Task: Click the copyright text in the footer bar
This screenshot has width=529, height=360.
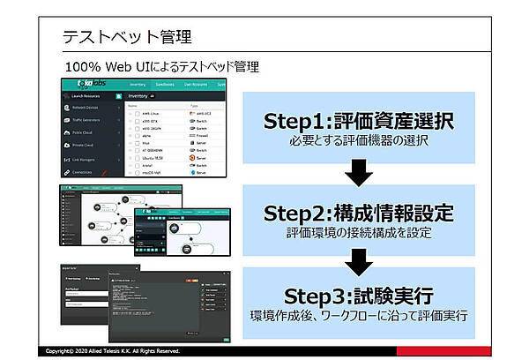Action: point(115,351)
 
